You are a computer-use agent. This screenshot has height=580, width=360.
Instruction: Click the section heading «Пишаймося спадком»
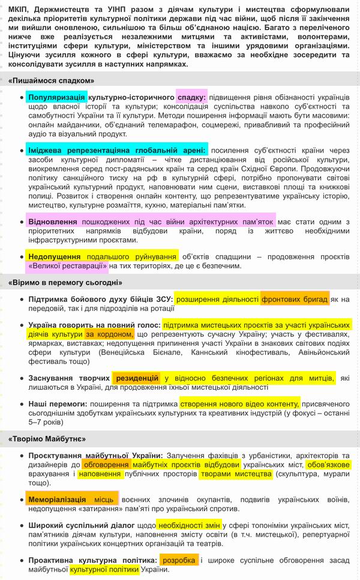tap(52, 80)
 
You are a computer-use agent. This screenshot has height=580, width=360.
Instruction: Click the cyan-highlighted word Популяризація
tap(57, 97)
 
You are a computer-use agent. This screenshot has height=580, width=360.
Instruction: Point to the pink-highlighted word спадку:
tap(191, 97)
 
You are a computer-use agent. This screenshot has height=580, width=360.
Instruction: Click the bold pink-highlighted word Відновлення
tap(53, 222)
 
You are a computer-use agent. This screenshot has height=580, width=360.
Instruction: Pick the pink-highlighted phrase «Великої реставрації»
tap(68, 265)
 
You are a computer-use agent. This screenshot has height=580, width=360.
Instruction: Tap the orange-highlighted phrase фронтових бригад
tap(295, 298)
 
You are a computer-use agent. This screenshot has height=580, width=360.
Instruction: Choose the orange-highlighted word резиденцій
tap(137, 378)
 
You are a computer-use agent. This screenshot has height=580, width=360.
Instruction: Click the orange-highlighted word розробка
tap(179, 560)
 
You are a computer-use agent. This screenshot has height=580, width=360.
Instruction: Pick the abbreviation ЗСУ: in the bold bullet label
tap(162, 298)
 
